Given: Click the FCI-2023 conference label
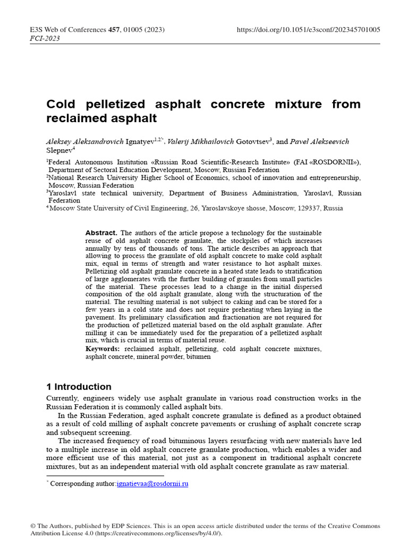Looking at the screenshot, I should click(45, 38).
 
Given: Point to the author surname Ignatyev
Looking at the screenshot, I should click(139, 142).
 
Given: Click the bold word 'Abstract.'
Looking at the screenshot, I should click(101, 233).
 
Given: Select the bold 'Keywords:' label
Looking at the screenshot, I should click(103, 349).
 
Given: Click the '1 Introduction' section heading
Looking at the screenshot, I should click(79, 387).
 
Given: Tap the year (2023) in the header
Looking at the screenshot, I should click(157, 30).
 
